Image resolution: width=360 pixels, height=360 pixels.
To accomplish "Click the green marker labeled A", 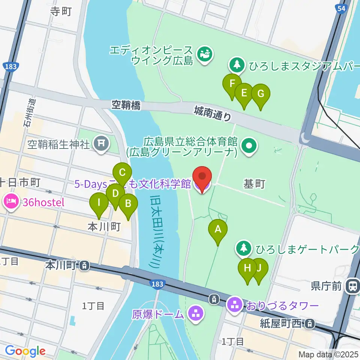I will coord(218,229).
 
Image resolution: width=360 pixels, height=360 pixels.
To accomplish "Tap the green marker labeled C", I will coord(122,173).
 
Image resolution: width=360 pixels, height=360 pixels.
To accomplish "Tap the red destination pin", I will coord(202,177).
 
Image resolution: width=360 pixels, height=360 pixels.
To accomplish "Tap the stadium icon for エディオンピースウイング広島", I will coord(205,55).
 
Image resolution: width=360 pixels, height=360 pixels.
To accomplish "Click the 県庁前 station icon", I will coord(352,286).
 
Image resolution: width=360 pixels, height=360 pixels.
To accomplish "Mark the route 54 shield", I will coord(341,9).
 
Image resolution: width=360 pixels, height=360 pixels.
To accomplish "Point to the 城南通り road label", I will coord(213,113).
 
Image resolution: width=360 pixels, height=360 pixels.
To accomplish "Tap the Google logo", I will coord(25,351).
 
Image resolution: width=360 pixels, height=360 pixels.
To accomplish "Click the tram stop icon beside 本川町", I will coord(85,266).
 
